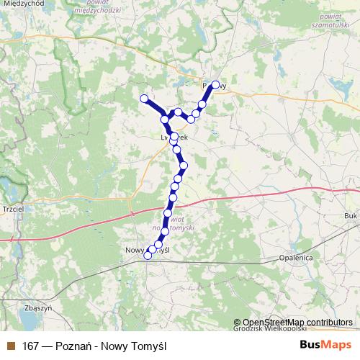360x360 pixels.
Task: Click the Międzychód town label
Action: [22, 4]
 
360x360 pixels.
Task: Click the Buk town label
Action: [351, 215]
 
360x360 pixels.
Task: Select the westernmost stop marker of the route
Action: [144, 98]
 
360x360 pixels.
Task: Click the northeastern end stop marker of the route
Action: [215, 84]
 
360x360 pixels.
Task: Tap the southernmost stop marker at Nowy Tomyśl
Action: [148, 255]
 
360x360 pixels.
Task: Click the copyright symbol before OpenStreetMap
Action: [238, 322]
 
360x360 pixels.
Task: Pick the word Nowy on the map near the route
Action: [135, 249]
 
